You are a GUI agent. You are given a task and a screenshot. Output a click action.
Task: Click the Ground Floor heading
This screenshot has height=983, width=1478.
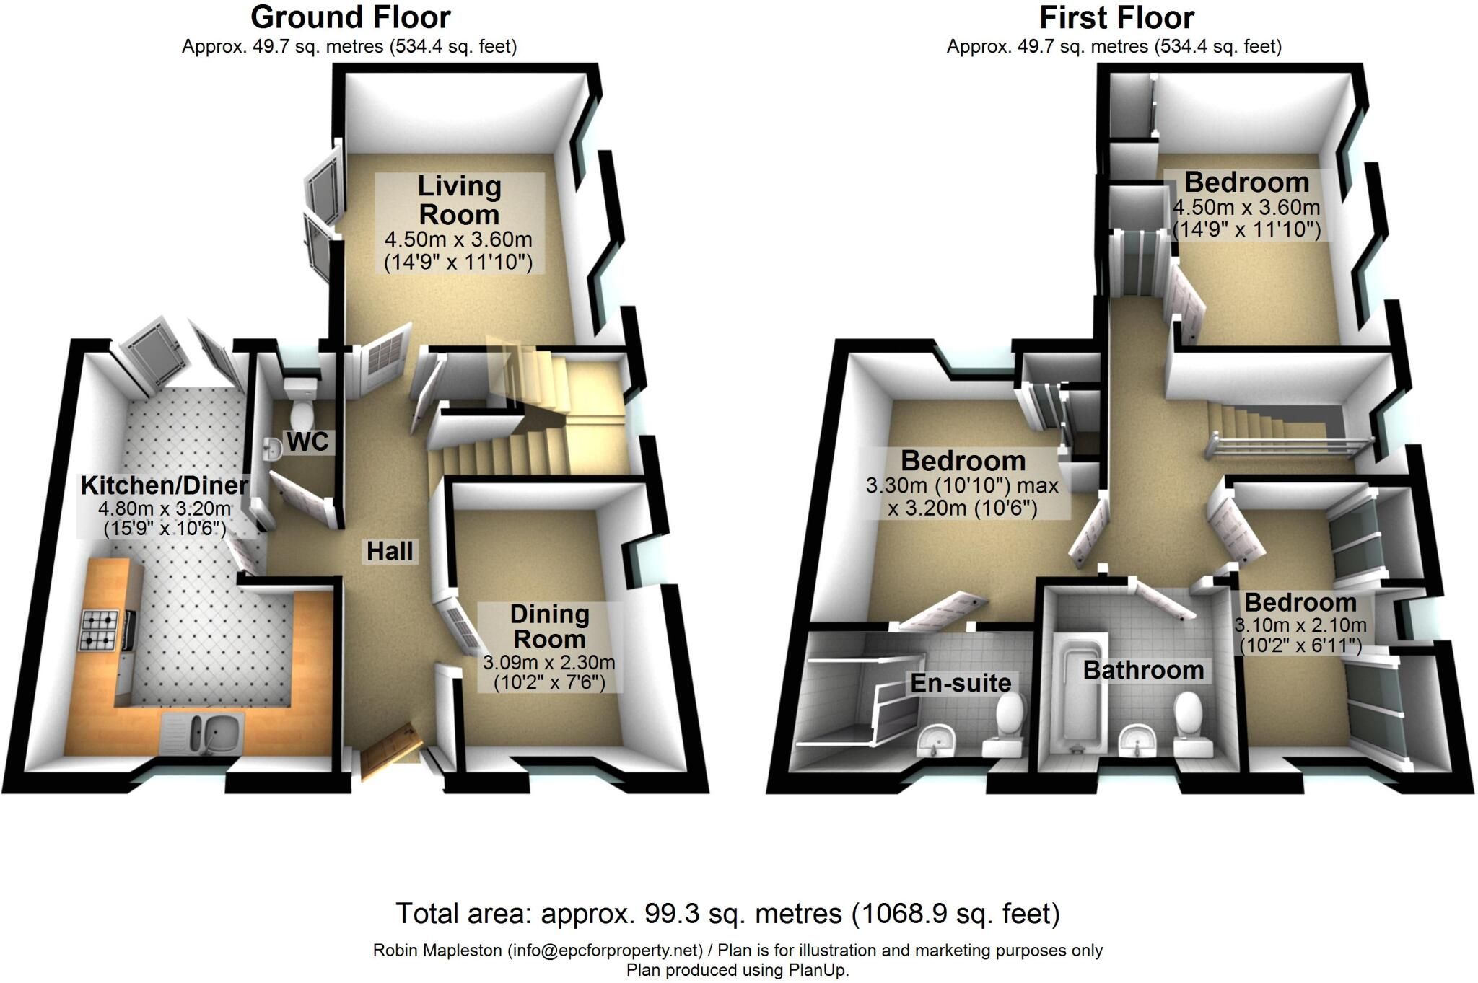351,17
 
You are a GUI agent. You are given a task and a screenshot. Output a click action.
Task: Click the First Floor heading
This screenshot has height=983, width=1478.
1116,17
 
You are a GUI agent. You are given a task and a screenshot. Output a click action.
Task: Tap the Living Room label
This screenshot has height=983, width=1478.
459,200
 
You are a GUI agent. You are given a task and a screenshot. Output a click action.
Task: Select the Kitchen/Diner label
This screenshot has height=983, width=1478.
164,485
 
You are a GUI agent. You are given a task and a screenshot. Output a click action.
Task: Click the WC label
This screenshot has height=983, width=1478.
308,441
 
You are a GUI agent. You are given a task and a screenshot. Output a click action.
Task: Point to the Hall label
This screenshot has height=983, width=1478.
390,552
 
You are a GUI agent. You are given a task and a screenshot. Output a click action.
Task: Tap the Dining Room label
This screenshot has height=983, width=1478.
549,627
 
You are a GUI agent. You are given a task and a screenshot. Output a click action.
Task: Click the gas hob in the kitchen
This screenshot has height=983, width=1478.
102,630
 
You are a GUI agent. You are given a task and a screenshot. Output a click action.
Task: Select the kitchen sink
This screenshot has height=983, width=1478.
205,733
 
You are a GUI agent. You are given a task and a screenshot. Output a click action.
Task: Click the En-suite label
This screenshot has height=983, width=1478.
961,683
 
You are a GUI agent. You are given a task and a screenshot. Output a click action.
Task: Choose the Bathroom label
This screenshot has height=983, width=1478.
1143,670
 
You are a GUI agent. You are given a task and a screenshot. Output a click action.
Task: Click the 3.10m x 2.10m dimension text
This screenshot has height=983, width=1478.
1300,625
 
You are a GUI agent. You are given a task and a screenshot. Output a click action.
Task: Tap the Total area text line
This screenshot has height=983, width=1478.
727,914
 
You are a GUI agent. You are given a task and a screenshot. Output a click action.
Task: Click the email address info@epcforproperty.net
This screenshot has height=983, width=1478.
605,951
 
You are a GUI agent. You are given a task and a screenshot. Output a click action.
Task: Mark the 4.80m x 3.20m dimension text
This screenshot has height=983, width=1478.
165,508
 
